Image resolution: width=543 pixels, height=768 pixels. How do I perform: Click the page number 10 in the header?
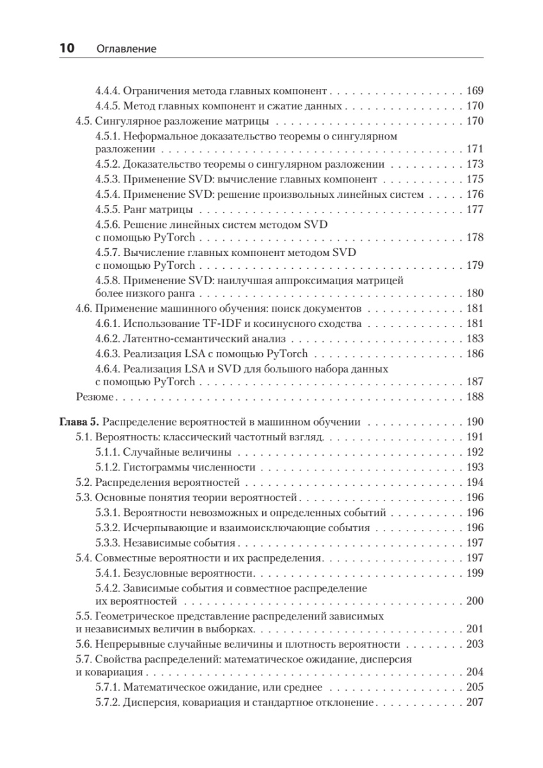(x=67, y=48)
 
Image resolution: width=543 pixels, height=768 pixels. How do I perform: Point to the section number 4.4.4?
(x=106, y=91)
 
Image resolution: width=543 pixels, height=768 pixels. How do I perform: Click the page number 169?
(x=475, y=91)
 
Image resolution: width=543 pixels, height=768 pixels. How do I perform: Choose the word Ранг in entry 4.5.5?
(x=136, y=210)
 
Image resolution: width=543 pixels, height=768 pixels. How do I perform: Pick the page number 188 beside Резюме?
(x=475, y=397)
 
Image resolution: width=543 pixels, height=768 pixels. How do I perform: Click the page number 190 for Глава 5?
(x=475, y=422)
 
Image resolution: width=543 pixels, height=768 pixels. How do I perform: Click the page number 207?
(x=475, y=703)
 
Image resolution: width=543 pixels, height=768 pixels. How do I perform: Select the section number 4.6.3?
(x=106, y=354)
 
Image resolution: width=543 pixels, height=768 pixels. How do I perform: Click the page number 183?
(x=475, y=339)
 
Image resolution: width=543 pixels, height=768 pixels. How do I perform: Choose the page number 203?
(x=475, y=645)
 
